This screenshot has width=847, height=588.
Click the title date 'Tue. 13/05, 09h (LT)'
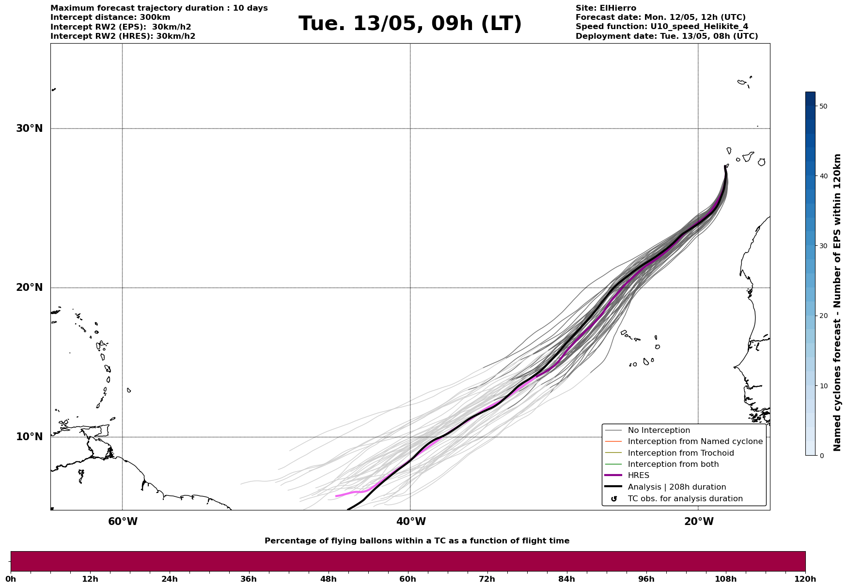410,24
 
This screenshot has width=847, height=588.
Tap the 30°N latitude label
29,128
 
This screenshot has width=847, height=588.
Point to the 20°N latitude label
29,287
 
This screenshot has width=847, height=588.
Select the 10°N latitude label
29,437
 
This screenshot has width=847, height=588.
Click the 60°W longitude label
123,522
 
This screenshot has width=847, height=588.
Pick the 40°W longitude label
411,522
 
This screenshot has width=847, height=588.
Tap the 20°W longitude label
699,522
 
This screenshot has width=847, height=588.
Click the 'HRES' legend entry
638,476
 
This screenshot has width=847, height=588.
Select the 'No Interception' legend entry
659,430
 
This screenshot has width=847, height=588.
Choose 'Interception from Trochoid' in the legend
680,453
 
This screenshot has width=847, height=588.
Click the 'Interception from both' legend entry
673,464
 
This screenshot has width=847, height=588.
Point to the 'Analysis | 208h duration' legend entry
676,487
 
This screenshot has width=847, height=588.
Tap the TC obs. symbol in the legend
614,499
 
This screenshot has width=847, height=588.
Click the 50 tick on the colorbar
823,106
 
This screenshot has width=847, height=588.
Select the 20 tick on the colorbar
823,316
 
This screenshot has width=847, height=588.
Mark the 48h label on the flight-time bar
328,579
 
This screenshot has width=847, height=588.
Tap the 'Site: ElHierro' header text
606,8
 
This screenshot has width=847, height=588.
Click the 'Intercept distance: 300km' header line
110,17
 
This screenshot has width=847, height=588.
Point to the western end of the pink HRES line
336,496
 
